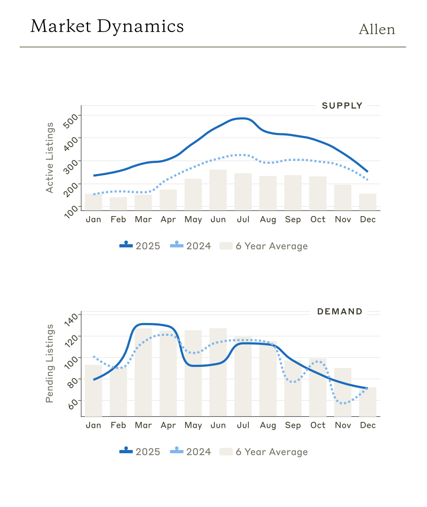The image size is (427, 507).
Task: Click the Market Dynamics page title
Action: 107,27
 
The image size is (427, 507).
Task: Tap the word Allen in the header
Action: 377,30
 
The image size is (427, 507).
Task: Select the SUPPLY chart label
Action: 342,106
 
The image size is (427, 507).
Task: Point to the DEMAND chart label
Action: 340,311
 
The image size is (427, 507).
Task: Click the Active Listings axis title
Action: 49,157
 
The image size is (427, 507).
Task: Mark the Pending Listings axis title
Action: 49,363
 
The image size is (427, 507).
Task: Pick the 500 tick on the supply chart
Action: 72,120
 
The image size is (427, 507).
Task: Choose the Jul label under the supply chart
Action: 243,219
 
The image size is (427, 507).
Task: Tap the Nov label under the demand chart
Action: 343,425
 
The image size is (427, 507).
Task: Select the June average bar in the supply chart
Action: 218,190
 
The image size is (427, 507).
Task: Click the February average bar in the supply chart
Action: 118,203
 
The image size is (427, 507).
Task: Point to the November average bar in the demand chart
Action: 343,392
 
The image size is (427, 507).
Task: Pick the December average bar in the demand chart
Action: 367,402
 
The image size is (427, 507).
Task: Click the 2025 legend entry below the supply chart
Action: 140,246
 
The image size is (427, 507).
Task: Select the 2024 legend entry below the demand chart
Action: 191,452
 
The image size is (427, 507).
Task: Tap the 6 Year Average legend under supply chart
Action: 264,246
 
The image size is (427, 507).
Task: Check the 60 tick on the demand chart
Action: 72,403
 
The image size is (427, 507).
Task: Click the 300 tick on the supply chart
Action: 72,165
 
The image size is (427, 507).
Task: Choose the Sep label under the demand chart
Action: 293,425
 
